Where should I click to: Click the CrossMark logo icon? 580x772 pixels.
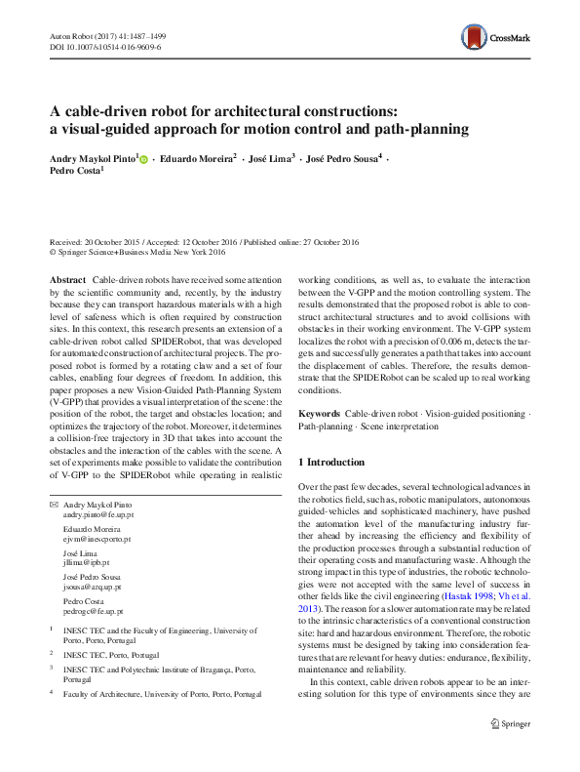pos(475,39)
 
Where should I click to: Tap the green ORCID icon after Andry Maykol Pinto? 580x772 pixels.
pos(143,157)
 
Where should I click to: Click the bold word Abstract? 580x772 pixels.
pos(66,279)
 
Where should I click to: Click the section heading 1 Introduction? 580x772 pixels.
pos(331,462)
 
